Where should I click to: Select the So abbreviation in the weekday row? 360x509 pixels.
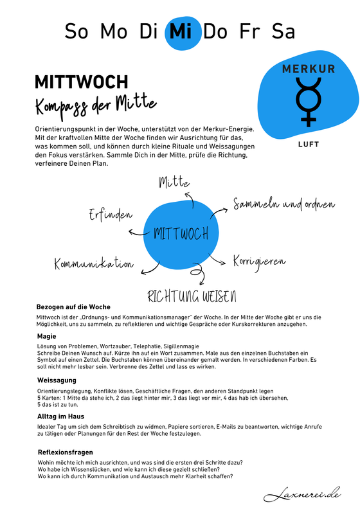tap(76, 31)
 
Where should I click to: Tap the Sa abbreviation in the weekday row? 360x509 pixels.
tap(283, 31)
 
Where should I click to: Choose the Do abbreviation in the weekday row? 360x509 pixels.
tap(215, 31)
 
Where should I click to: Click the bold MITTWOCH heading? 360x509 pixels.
tap(81, 82)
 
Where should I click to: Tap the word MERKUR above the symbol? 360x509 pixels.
tap(309, 69)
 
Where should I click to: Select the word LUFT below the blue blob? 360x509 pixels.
tap(309, 145)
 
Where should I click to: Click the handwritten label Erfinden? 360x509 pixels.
tap(111, 215)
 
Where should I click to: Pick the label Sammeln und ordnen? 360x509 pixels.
tap(283, 205)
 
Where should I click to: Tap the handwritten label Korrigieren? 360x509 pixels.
tap(259, 263)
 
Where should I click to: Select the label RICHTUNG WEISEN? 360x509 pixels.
tap(192, 297)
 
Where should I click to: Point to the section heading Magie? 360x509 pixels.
tap(46, 336)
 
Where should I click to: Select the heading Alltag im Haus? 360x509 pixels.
tap(63, 417)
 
